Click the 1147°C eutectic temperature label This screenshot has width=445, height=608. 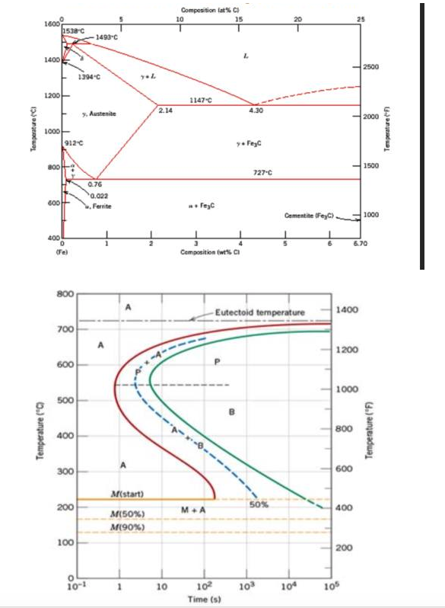[x=200, y=100]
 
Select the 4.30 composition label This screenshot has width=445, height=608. [x=256, y=111]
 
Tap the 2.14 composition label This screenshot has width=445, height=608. [x=167, y=111]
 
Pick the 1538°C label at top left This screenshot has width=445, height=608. [x=75, y=29]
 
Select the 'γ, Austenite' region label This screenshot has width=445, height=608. [x=98, y=114]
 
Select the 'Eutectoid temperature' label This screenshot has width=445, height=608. [x=260, y=312]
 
